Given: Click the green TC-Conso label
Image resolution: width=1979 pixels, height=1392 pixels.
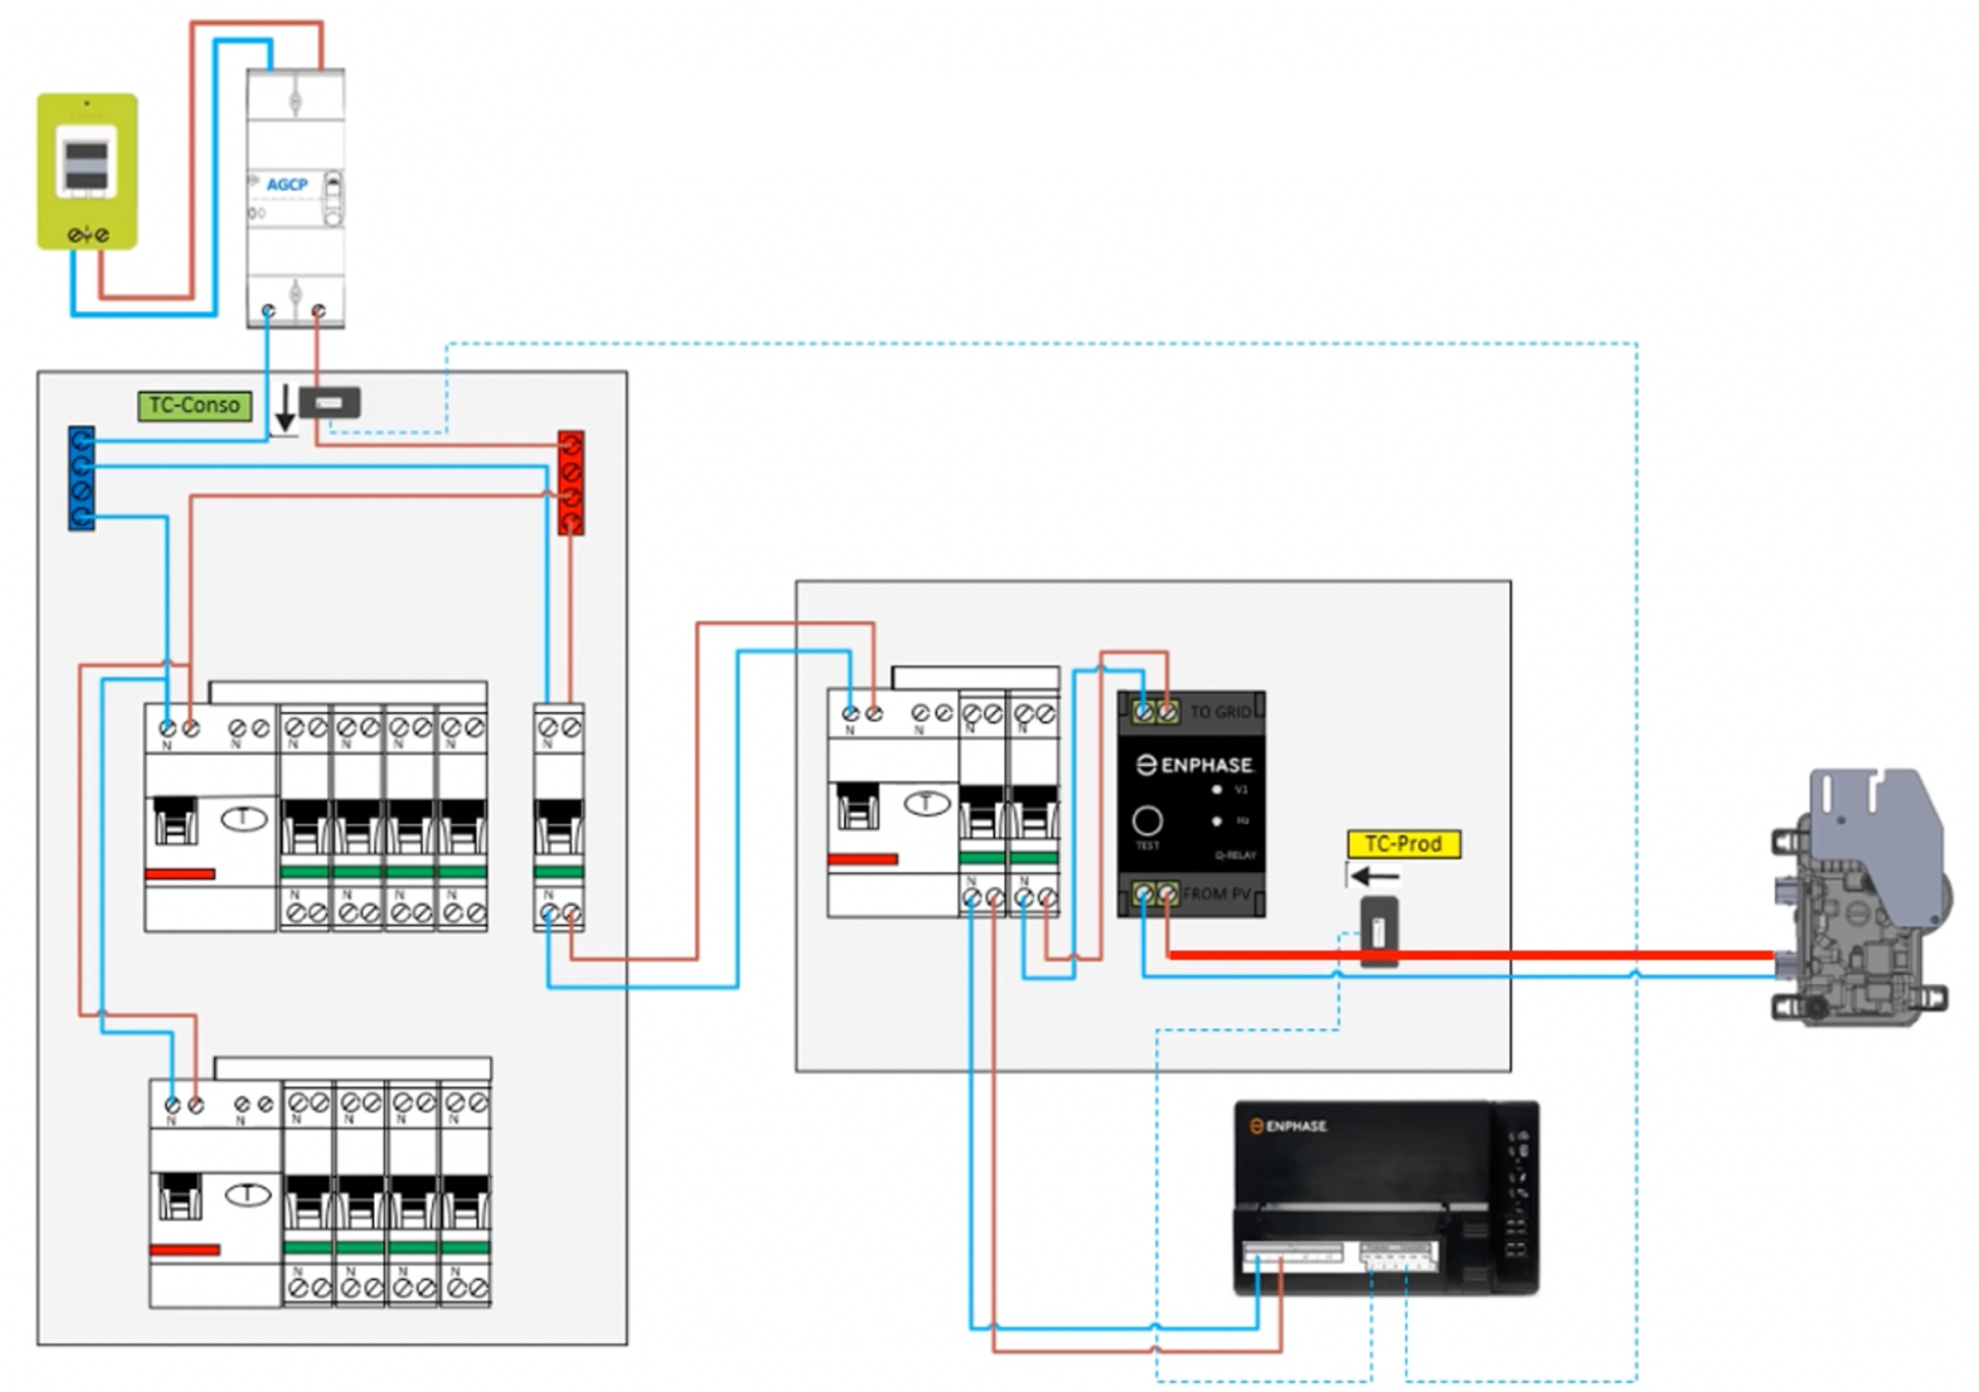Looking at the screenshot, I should coord(195,406).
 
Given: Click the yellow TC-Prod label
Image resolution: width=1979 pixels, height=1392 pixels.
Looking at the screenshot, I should coord(1403,844).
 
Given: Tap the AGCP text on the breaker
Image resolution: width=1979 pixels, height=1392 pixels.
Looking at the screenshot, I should coord(287,184).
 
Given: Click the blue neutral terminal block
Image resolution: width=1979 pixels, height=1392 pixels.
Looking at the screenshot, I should coord(82,478).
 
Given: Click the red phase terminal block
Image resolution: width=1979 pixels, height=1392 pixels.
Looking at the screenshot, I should coord(571,483).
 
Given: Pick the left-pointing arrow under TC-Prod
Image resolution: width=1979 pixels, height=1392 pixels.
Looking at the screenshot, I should coord(1375,877).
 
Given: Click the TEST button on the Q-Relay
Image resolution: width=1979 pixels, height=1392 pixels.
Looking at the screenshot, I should coord(1147,821).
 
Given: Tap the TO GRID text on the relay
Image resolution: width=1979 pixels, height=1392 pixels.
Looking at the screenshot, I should coord(1220,712).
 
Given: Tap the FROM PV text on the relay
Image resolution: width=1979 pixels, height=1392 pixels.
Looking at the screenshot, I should coord(1216,894).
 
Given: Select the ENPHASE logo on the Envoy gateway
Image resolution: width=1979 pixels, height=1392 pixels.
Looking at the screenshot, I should coord(1289,1126).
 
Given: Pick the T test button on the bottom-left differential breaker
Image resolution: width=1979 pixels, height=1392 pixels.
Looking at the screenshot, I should coord(248,1195).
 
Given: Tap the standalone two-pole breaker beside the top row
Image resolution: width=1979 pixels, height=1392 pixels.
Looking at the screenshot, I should coord(558,817).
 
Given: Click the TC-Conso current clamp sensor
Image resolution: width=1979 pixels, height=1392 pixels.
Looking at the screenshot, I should coord(329,403).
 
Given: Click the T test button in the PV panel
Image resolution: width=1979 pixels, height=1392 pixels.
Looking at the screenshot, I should coord(926,804).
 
